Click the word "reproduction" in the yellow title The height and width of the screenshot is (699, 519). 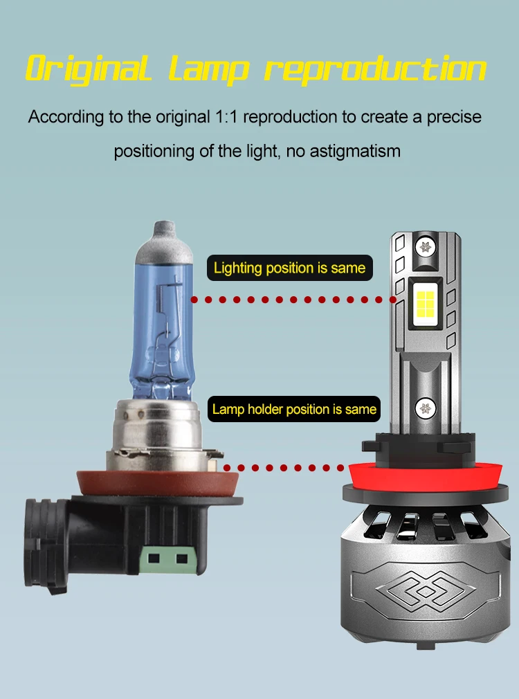[376, 69]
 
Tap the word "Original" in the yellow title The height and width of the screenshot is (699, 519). [89, 69]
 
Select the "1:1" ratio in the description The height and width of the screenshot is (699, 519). [226, 117]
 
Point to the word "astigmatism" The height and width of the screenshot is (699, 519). [355, 151]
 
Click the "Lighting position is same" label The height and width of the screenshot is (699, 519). [290, 268]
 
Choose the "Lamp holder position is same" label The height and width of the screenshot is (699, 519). [294, 409]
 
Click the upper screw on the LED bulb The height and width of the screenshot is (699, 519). [425, 246]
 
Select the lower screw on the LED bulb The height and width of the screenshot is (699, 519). [425, 408]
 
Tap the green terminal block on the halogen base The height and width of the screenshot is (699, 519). [168, 559]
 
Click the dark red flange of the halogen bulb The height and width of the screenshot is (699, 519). [158, 484]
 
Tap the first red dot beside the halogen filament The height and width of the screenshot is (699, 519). [194, 300]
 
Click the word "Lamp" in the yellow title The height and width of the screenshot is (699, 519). [208, 69]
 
